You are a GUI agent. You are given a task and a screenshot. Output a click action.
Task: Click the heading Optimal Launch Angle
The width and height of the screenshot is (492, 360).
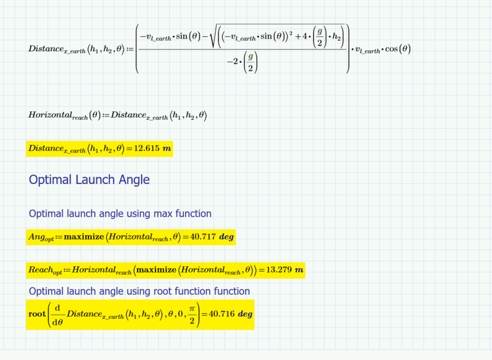click(89, 179)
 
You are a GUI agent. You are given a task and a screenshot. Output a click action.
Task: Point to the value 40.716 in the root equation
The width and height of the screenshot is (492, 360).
click(222, 314)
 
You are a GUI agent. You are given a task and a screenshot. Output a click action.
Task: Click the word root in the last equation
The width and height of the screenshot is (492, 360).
click(37, 314)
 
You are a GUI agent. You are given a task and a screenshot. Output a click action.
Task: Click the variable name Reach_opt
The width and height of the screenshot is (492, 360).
click(45, 271)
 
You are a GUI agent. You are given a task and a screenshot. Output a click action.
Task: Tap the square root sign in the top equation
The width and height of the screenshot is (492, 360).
click(212, 37)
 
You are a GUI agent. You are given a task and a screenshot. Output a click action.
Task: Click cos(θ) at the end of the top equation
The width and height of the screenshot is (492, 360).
click(398, 48)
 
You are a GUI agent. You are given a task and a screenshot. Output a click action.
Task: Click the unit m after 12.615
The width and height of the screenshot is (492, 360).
click(167, 149)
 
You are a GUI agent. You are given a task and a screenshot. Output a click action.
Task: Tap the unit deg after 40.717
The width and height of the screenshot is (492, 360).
click(226, 237)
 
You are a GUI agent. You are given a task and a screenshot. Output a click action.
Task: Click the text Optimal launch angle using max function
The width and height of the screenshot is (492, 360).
click(120, 213)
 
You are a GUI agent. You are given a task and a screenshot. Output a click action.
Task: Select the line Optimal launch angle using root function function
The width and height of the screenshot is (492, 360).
click(139, 291)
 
